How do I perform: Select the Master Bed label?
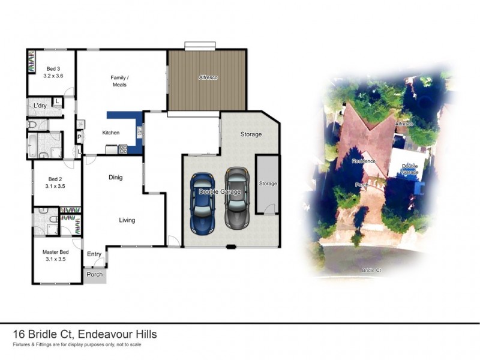55,256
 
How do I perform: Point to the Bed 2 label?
55,182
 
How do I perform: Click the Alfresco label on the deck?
208,77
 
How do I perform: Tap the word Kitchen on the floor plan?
111,133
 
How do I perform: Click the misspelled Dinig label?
115,178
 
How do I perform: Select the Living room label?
127,220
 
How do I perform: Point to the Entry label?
94,254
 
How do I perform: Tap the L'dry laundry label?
40,106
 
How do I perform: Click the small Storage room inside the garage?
268,184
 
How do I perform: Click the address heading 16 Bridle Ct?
85,334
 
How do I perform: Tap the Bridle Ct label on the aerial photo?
372,271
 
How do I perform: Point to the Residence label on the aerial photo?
363,161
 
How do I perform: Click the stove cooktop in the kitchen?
122,149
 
